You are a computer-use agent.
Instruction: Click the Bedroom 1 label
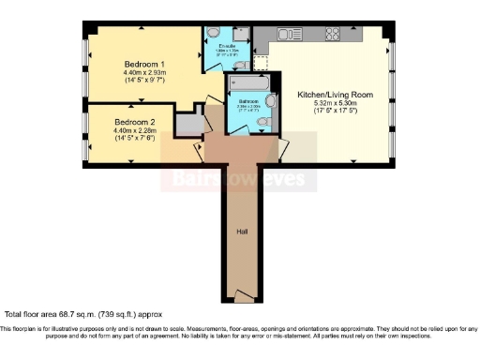[x=144, y=65]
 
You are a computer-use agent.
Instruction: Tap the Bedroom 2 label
[x=135, y=122]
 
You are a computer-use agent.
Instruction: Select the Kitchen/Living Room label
[x=336, y=95]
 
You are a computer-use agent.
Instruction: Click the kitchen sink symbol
[x=291, y=36]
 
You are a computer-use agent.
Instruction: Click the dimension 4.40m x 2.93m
[x=144, y=73]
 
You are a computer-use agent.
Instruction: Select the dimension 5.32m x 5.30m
[x=336, y=104]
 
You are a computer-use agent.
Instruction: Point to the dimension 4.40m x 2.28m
[x=135, y=132]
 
